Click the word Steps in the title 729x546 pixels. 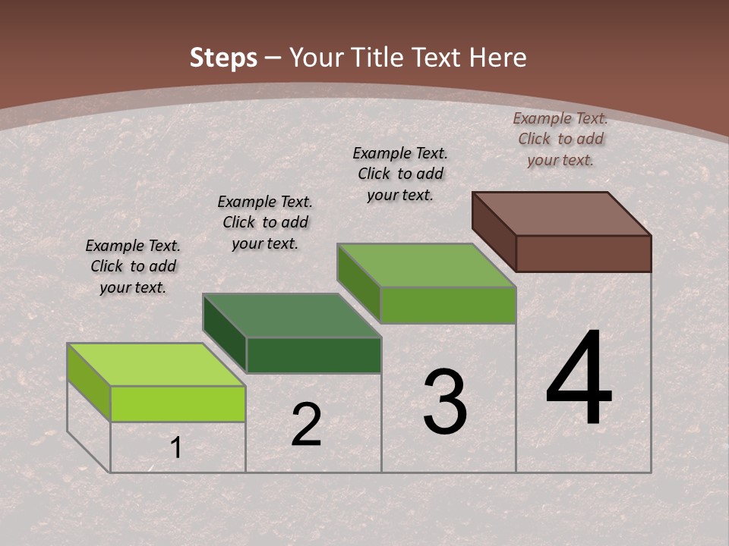pos(222,58)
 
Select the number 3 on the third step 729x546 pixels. pos(445,403)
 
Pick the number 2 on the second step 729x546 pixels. pos(306,425)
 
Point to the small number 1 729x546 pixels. pos(176,448)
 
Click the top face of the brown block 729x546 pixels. pos(562,214)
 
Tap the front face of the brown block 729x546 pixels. pos(583,253)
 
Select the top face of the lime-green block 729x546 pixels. pos(156,365)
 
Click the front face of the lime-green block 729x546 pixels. pos(178,403)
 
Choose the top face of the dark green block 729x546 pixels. pos(292,315)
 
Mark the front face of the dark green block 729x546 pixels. pos(314,355)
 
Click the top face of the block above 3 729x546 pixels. pos(427,265)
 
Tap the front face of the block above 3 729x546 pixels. pos(448,305)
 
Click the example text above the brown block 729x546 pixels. pos(560,139)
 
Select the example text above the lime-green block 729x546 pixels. pos(133,266)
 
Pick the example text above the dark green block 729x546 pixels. pos(265,222)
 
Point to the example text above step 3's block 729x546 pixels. pos(400,174)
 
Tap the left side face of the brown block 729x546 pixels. pos(494,230)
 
